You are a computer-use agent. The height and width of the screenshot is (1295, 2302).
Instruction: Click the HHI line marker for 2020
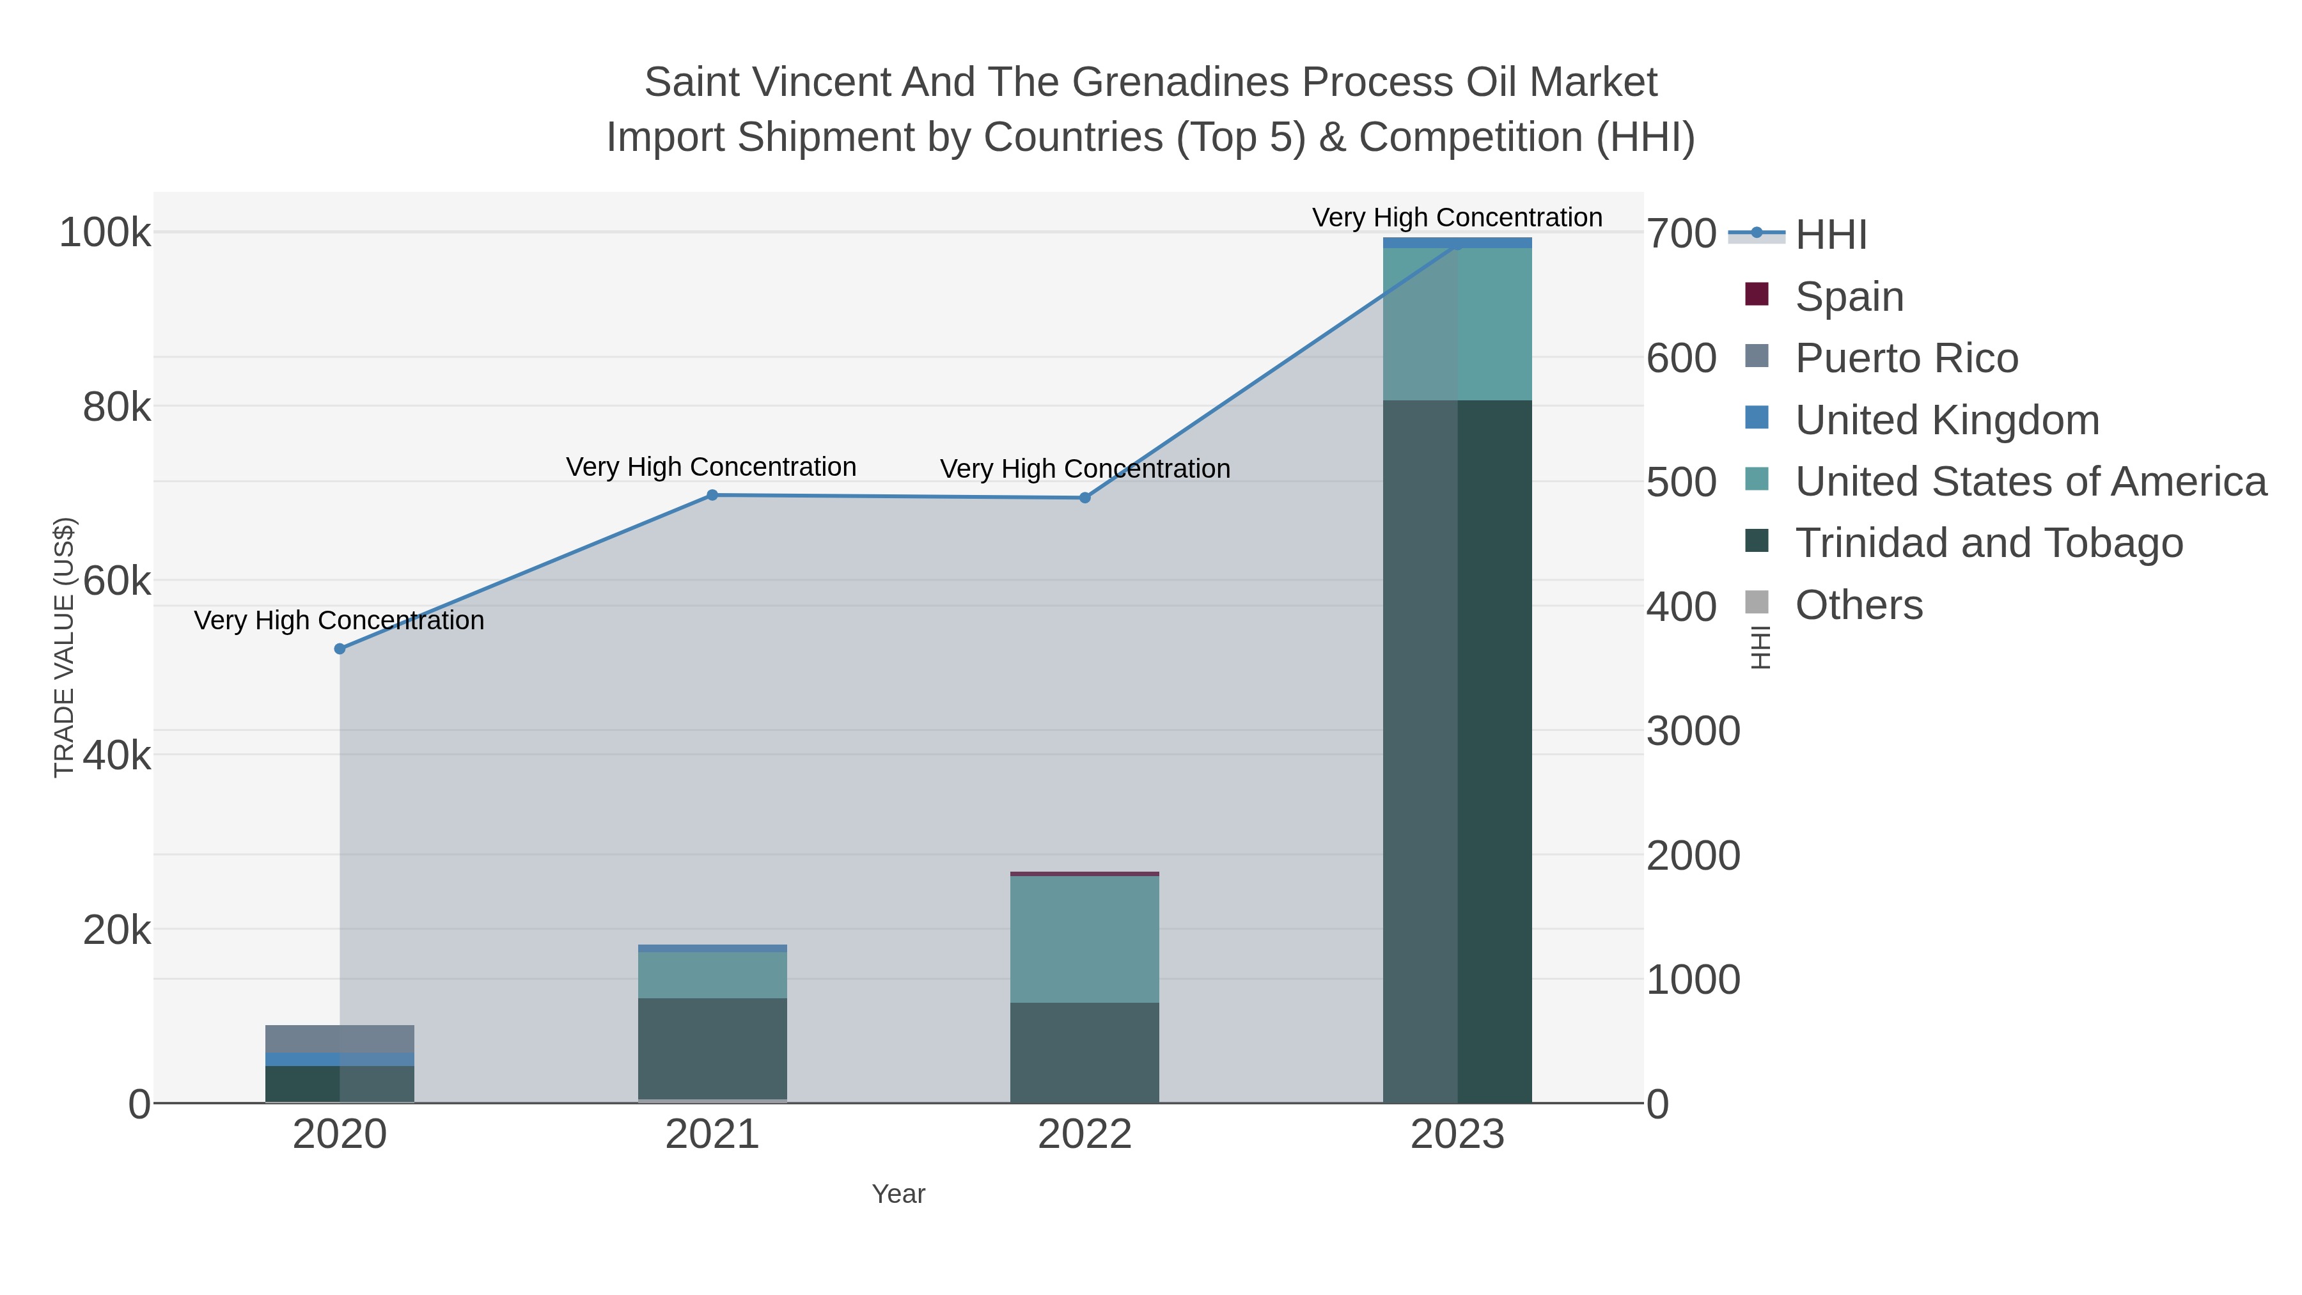click(340, 649)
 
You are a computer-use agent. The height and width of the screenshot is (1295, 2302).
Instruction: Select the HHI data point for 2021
click(712, 495)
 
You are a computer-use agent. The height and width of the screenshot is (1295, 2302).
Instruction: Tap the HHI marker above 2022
click(1085, 498)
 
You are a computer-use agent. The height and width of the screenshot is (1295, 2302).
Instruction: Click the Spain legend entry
click(1849, 297)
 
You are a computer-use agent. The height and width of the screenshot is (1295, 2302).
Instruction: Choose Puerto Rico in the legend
click(1906, 358)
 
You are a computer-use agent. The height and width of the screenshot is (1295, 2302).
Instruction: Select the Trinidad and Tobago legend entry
click(1988, 544)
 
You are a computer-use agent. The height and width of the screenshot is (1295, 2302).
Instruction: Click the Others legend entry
click(1859, 605)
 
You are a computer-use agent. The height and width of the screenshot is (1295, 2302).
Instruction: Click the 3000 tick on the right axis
click(1693, 731)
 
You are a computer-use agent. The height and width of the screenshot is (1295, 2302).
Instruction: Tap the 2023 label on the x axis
click(1457, 1135)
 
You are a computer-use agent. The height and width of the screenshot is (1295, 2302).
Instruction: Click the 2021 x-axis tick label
click(712, 1135)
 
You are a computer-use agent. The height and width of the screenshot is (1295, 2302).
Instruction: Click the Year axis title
click(898, 1194)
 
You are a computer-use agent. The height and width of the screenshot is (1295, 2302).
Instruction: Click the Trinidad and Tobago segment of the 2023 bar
click(1457, 751)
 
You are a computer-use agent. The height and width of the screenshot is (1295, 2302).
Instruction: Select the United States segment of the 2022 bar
click(1085, 938)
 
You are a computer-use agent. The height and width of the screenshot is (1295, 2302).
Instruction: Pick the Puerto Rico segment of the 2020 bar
click(340, 1039)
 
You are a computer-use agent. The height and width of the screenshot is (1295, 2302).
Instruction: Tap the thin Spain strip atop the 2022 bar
click(1085, 873)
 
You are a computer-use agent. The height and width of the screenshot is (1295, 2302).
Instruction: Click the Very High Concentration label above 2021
click(711, 467)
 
